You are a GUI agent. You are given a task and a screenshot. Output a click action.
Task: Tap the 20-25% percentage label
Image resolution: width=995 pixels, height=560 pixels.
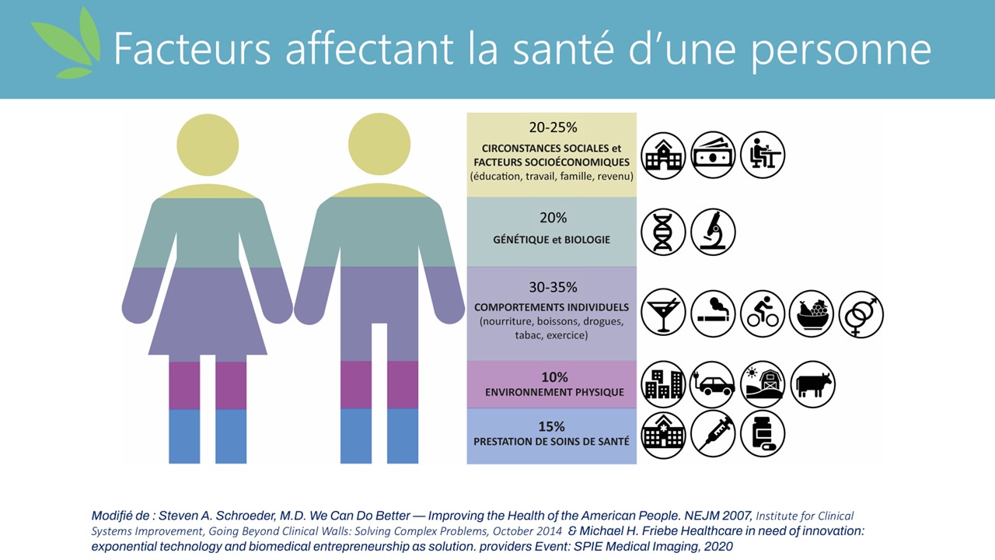coord(552,128)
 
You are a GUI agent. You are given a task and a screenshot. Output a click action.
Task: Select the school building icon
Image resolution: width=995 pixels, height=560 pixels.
coord(663,155)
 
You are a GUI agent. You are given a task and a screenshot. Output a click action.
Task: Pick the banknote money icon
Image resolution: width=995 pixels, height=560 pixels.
coord(713,155)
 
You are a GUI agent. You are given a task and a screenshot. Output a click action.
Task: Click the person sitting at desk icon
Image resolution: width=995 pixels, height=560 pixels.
coord(763,155)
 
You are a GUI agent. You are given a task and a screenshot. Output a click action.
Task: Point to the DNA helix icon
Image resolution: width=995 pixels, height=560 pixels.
coord(663,232)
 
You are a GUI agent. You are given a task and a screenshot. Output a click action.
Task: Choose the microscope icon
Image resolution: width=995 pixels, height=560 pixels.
coord(713,232)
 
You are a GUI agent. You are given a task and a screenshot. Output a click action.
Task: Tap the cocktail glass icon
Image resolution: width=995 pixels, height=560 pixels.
coord(663,313)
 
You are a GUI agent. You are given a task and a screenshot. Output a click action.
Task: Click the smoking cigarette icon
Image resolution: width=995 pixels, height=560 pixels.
coord(713,313)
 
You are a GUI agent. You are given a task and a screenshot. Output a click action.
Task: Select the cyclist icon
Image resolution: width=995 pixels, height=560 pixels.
coord(763,313)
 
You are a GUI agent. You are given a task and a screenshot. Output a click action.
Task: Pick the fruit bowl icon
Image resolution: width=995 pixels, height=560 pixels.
coord(812,313)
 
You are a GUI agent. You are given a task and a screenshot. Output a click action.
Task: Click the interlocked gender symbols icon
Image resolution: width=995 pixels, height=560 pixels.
coord(861,313)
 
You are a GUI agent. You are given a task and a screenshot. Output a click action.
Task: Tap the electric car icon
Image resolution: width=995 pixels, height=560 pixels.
coord(713,384)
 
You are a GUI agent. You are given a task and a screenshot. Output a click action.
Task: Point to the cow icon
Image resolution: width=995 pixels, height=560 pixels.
coord(812,384)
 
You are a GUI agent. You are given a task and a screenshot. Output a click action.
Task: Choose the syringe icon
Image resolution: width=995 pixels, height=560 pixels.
coord(713,433)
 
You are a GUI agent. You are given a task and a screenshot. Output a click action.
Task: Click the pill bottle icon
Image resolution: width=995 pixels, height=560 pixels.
coord(763,433)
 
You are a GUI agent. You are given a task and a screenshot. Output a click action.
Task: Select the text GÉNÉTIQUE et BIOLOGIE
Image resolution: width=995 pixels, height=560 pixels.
coord(552,240)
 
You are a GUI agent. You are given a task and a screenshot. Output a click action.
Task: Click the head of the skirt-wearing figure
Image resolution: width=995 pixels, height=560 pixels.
coord(208,145)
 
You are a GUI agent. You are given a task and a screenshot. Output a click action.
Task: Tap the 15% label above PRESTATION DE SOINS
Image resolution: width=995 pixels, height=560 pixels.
coord(552,426)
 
